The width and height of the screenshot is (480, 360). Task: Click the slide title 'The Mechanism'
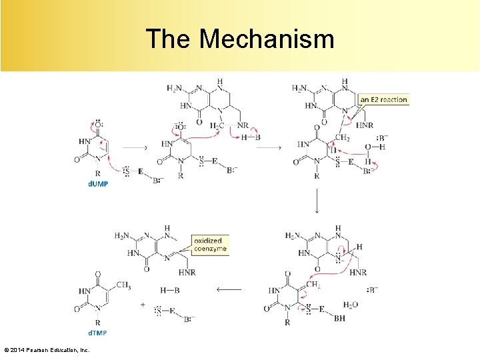tap(240, 39)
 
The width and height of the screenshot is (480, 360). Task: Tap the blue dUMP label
tap(98, 184)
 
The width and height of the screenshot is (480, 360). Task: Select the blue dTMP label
tap(98, 333)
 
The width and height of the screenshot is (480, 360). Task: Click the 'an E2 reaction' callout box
tap(383, 100)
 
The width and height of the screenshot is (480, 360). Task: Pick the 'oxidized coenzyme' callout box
tap(210, 244)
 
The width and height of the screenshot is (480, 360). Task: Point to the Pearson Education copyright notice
tap(47, 350)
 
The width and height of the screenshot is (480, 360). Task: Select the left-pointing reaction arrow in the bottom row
tap(228, 290)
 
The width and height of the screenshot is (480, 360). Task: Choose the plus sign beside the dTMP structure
tap(143, 304)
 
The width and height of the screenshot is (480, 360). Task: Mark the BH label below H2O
tap(339, 319)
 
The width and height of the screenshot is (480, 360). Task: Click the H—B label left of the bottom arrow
tap(170, 290)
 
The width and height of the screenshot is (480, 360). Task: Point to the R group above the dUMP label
tap(98, 173)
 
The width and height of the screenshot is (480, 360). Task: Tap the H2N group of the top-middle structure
tap(175, 89)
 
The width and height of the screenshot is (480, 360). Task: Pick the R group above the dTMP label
tap(98, 322)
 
